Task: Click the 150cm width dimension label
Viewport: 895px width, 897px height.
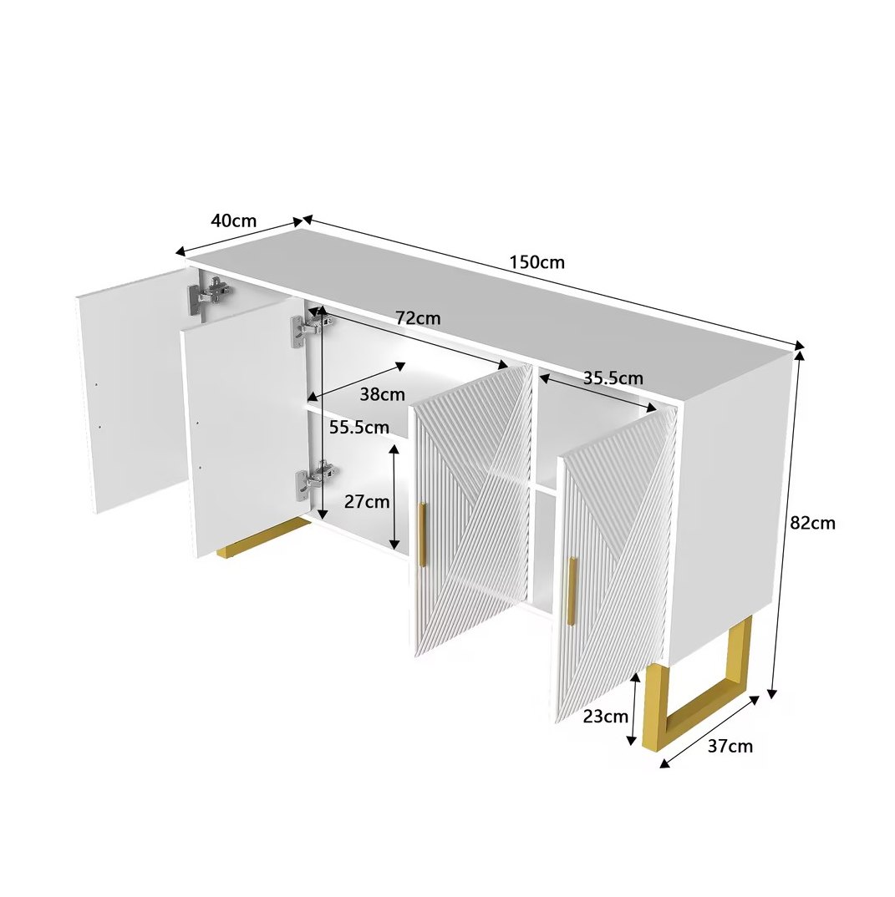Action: (536, 262)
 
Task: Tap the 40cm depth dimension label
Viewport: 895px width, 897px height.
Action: (233, 220)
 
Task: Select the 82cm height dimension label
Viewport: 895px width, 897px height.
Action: (812, 523)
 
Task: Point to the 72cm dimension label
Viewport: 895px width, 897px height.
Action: (419, 318)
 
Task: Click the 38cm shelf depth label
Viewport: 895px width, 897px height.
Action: (382, 394)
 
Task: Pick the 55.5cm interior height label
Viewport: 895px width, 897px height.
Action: (359, 427)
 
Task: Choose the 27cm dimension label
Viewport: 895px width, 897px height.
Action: (366, 502)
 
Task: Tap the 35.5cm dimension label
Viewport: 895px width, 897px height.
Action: (613, 378)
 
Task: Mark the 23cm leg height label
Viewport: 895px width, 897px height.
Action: (605, 717)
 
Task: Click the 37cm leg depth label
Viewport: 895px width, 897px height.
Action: (730, 747)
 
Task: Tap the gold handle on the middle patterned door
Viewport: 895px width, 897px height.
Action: (422, 535)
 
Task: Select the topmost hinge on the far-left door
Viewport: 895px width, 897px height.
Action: (211, 293)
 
